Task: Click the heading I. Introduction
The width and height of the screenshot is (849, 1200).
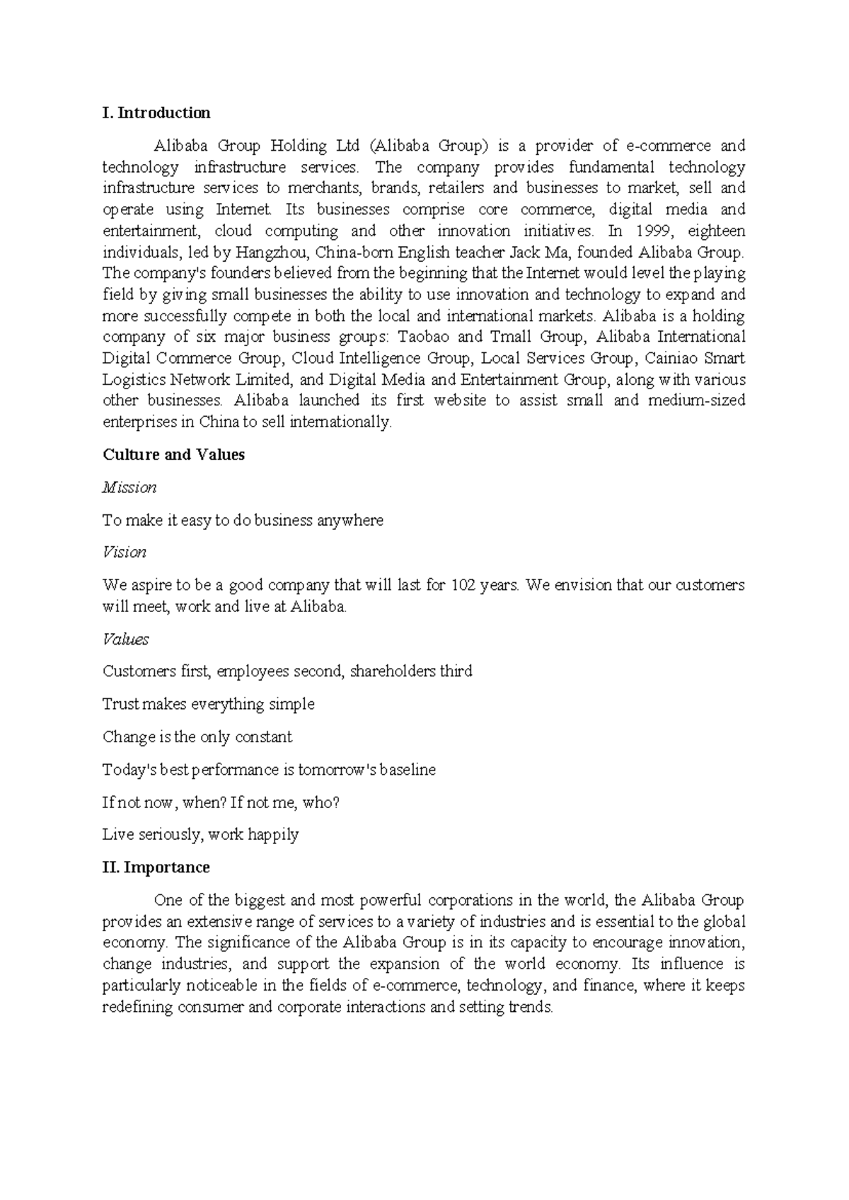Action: click(x=156, y=113)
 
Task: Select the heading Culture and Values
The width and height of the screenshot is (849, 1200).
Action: click(x=173, y=455)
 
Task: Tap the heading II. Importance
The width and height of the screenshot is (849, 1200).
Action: click(x=156, y=867)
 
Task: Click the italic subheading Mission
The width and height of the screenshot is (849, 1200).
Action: click(x=129, y=487)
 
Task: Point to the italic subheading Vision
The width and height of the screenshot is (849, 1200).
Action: click(x=124, y=553)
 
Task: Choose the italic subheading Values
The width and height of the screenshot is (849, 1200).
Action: click(x=125, y=640)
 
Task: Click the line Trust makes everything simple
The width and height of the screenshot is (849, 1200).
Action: click(x=208, y=705)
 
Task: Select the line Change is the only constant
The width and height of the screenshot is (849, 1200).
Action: click(x=197, y=737)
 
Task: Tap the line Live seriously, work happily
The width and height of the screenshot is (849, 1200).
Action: click(x=200, y=835)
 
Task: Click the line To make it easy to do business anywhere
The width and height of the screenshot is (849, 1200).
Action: click(x=243, y=521)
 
